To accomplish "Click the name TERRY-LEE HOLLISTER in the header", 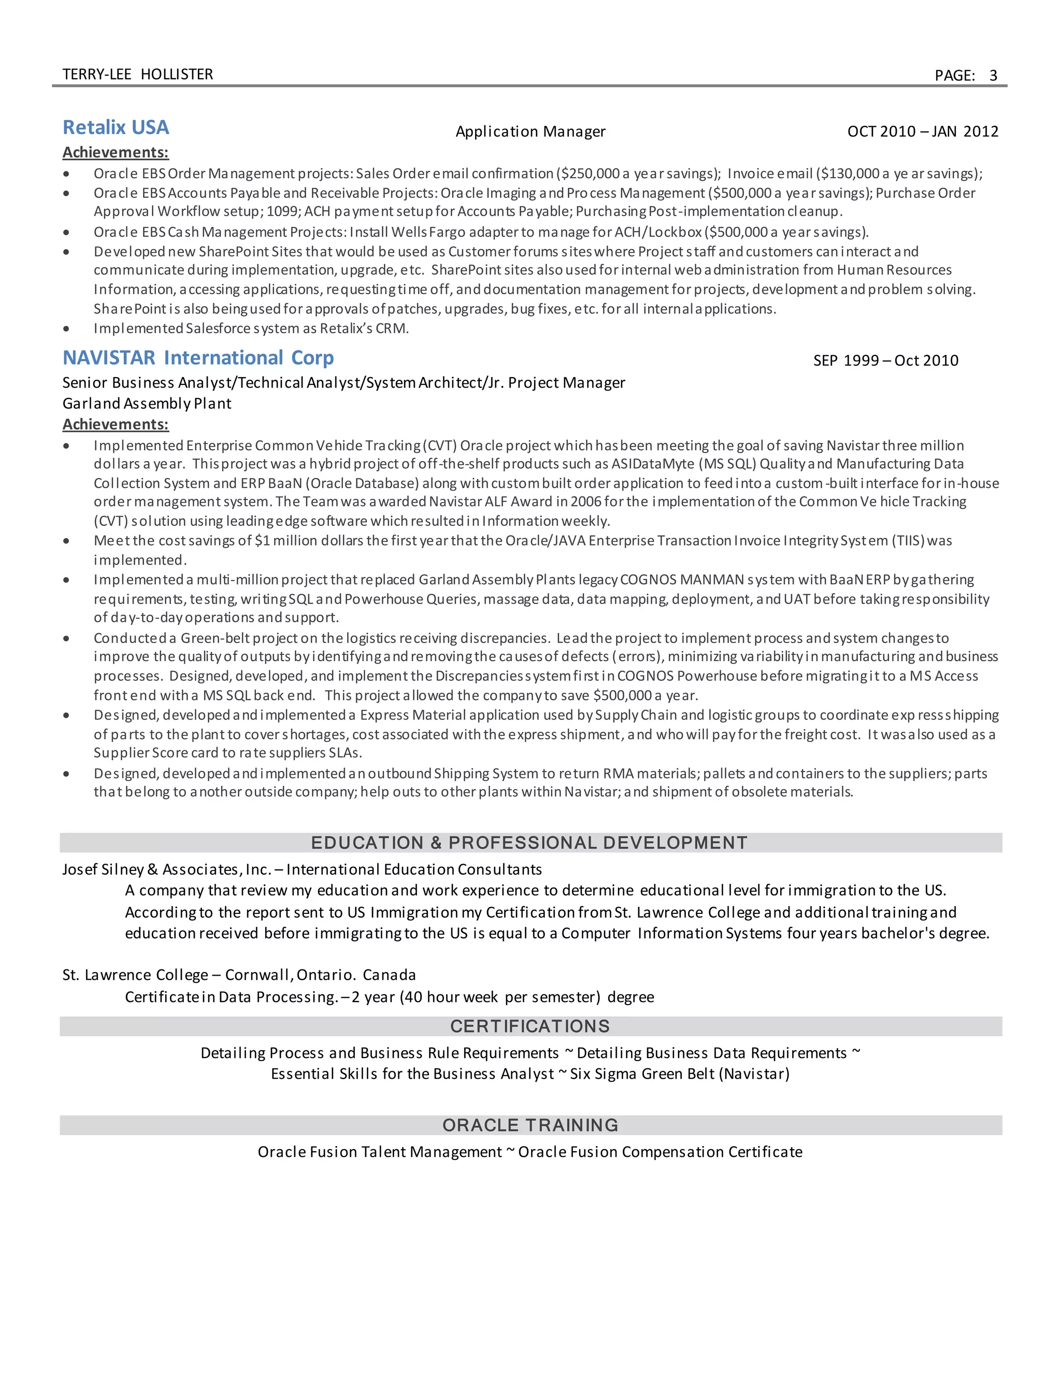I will (x=138, y=74).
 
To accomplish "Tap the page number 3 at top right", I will (x=993, y=76).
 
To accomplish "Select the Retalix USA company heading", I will (x=116, y=127).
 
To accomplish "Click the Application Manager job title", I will (x=530, y=132).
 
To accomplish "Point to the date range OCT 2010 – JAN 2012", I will (x=922, y=132).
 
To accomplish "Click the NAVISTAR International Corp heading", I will (x=198, y=357).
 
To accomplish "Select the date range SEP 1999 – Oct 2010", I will (x=885, y=360).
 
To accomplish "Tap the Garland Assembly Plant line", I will (x=147, y=404).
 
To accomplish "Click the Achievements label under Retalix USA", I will (x=116, y=153).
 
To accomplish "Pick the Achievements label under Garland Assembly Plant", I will (x=116, y=424).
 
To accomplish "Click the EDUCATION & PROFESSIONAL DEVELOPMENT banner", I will (x=530, y=843).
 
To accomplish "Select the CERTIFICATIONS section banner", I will (x=530, y=1026).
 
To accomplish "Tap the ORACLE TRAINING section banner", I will (x=530, y=1125).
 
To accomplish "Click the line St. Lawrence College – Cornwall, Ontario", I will (x=239, y=975).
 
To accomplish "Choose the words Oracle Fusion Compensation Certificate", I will (x=660, y=1152).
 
